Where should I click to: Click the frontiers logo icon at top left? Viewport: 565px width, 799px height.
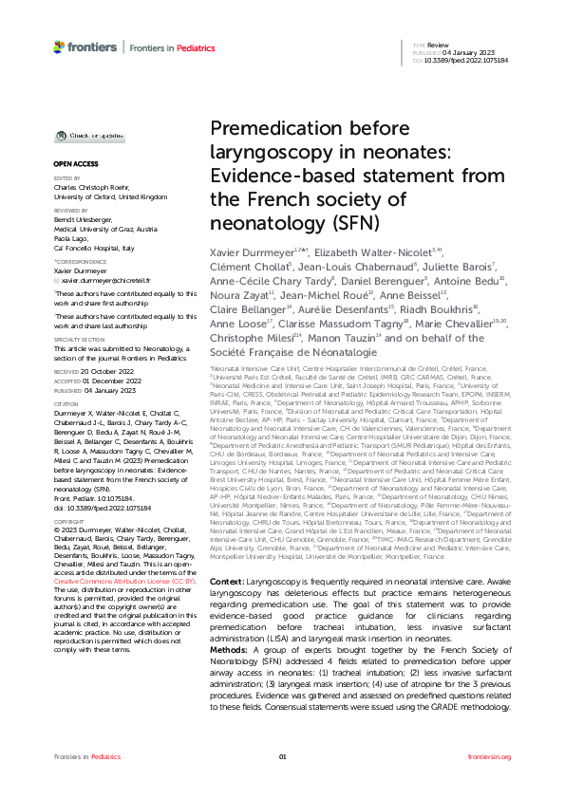pyautogui.click(x=59, y=46)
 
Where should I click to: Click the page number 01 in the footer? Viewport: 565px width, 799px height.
pyautogui.click(x=282, y=783)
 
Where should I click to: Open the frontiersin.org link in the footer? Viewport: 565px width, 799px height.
pyautogui.click(x=490, y=783)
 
